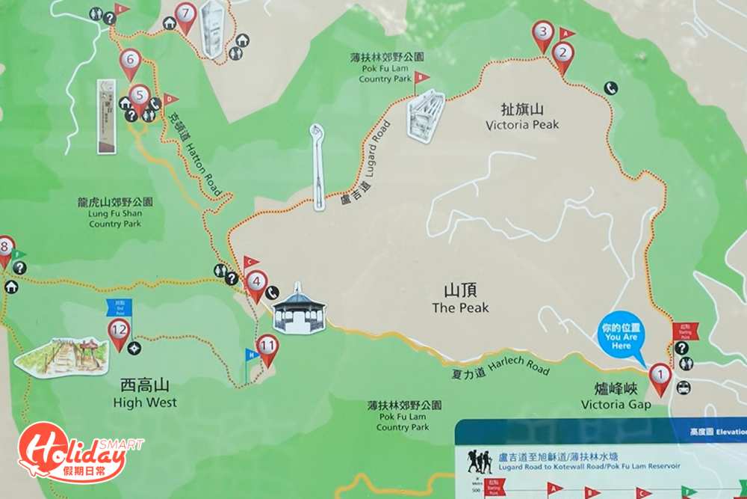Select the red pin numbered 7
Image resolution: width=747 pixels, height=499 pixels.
(185, 14)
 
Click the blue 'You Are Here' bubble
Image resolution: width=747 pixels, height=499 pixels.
(621, 336)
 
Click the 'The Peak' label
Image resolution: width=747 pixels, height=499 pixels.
(460, 299)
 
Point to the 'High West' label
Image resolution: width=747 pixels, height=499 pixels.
(145, 394)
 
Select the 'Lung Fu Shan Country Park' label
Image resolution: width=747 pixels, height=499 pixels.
(115, 212)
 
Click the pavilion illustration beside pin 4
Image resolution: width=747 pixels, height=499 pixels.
(299, 310)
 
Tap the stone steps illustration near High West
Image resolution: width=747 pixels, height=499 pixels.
(61, 357)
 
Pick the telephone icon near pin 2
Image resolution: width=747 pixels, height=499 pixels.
(611, 88)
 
